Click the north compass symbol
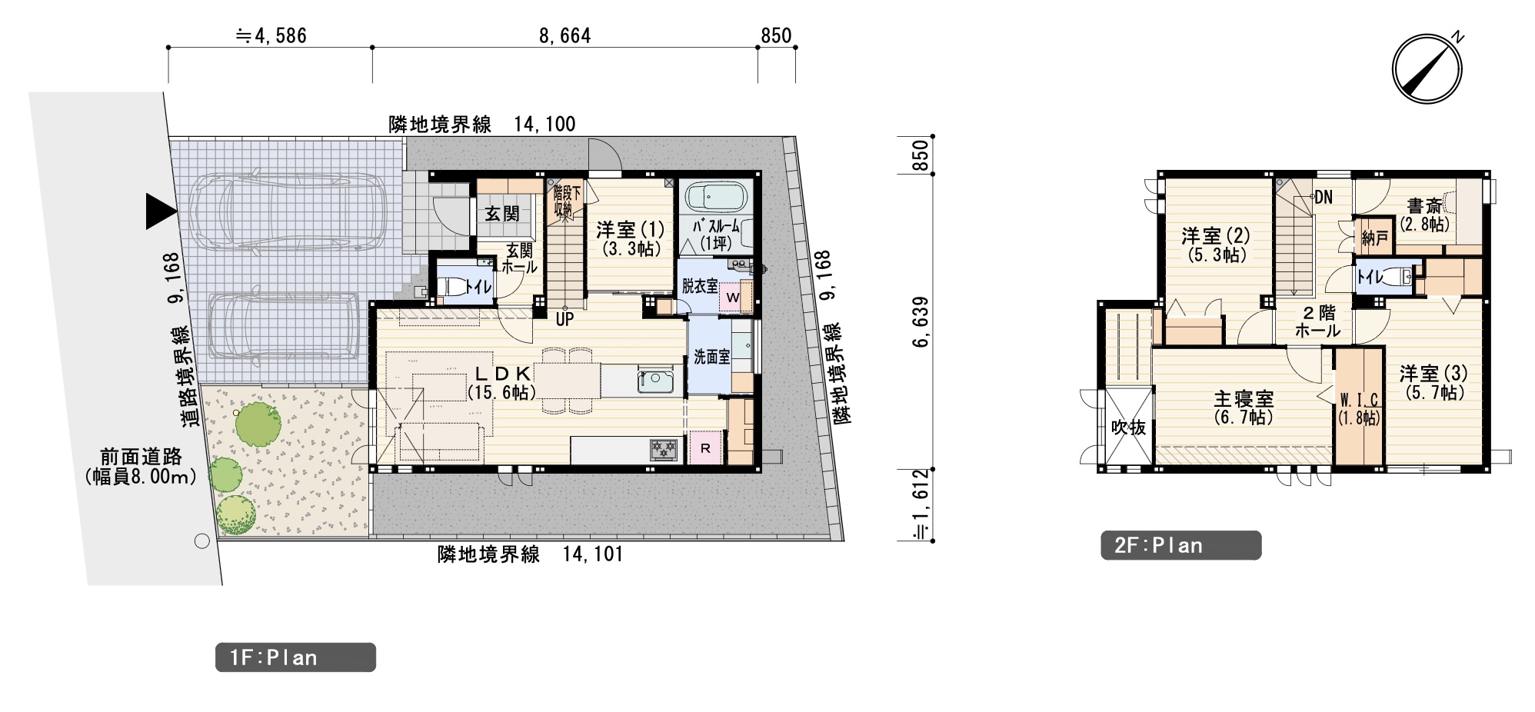click(1427, 68)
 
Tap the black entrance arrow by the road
click(161, 211)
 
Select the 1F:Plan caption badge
click(295, 657)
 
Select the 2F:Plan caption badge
click(1180, 545)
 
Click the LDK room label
click(502, 374)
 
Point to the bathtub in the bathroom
click(716, 197)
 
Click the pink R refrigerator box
click(705, 448)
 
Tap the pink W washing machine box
click(733, 298)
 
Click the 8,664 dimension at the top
click(564, 36)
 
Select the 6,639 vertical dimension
click(921, 321)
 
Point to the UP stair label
click(564, 319)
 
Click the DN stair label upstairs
click(1323, 198)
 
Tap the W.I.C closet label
click(1359, 400)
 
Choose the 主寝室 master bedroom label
click(1244, 398)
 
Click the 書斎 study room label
click(1424, 206)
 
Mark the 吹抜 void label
click(1128, 428)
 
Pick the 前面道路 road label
click(141, 457)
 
